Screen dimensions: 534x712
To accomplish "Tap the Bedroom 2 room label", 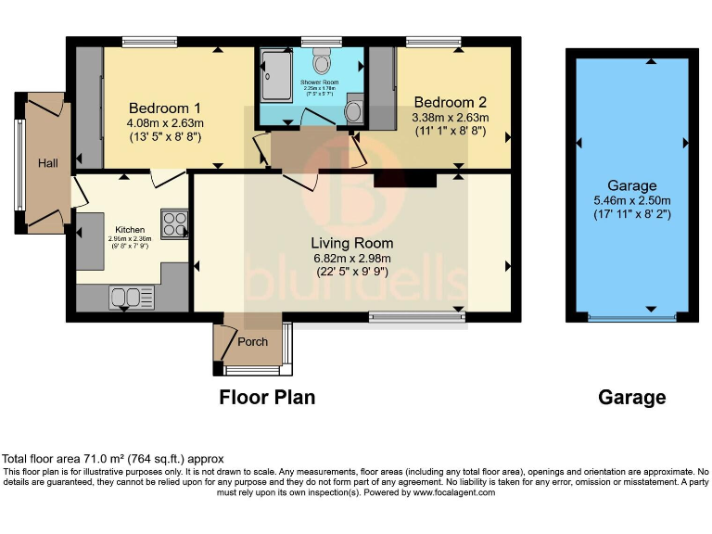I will (x=451, y=102).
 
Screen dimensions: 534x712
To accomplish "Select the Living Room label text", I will (x=351, y=243).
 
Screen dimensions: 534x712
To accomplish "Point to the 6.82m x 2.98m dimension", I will (x=351, y=258).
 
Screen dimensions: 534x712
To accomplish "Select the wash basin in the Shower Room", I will (x=353, y=112).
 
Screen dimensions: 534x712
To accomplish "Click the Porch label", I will (x=253, y=342).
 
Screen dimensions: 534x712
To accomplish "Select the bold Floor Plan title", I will (x=267, y=398).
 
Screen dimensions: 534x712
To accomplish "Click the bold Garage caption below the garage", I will (x=631, y=398).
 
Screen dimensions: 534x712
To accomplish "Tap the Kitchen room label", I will (x=131, y=229).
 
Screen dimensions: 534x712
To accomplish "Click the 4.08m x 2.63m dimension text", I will (x=165, y=121).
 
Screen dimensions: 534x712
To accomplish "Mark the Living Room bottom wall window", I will (x=416, y=318).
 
